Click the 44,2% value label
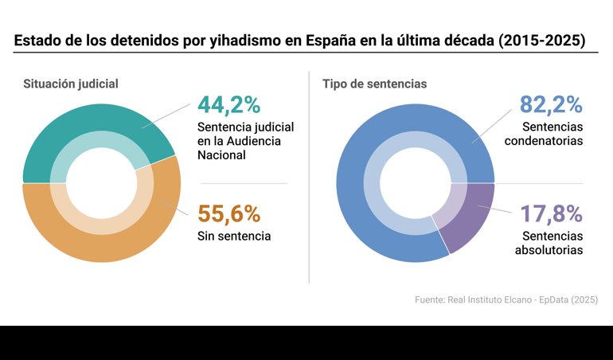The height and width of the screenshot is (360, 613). (x=228, y=105)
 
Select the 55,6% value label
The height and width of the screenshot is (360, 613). (x=228, y=213)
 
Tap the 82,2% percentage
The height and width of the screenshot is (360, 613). (x=551, y=105)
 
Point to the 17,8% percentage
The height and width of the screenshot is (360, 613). (x=551, y=213)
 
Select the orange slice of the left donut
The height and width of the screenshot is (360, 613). (x=103, y=239)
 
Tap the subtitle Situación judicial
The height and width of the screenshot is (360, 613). (x=71, y=83)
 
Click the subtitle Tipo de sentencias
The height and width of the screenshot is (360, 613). (x=374, y=83)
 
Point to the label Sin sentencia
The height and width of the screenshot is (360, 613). (x=234, y=236)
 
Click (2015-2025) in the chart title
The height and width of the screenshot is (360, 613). (x=541, y=39)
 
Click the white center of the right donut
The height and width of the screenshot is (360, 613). (x=415, y=183)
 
